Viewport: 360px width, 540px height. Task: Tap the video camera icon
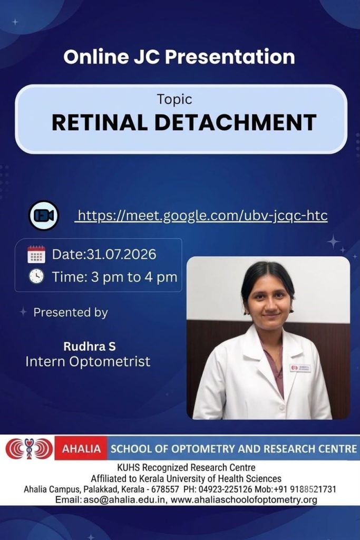pyautogui.click(x=44, y=215)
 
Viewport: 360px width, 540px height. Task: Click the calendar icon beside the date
pyautogui.click(x=36, y=255)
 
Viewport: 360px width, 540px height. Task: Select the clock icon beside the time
pyautogui.click(x=36, y=276)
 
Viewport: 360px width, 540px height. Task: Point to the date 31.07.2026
pyautogui.click(x=121, y=254)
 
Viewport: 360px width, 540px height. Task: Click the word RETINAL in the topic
pyautogui.click(x=100, y=122)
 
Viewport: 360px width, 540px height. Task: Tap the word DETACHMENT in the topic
pyautogui.click(x=236, y=122)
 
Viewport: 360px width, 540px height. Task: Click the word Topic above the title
pyautogui.click(x=174, y=100)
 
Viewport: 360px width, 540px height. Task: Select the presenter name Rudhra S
pyautogui.click(x=90, y=346)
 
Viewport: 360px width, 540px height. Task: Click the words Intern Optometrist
pyautogui.click(x=88, y=362)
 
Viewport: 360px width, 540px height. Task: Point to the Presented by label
pyautogui.click(x=71, y=312)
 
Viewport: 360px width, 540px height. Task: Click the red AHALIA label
pyautogui.click(x=81, y=449)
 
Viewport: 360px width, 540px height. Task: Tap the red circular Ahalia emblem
pyautogui.click(x=30, y=448)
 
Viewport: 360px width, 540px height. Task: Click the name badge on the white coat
pyautogui.click(x=300, y=368)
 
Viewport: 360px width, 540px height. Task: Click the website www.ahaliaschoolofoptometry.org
pyautogui.click(x=244, y=500)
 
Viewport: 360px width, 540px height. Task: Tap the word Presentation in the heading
pyautogui.click(x=230, y=57)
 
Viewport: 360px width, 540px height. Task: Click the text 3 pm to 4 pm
pyautogui.click(x=134, y=277)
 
